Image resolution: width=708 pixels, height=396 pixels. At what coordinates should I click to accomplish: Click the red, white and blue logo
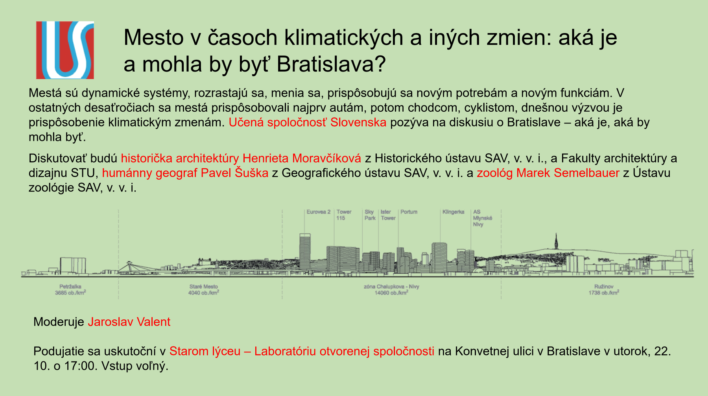tap(65, 50)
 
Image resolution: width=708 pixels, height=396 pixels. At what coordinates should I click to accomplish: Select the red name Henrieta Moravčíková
tap(302, 158)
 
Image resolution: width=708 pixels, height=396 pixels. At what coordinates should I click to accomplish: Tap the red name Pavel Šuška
tap(234, 173)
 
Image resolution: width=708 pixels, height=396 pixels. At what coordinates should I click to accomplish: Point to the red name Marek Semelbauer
tap(568, 173)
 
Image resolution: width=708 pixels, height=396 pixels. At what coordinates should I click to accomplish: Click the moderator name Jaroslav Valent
tap(129, 322)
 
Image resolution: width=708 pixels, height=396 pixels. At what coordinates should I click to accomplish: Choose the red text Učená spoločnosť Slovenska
tap(308, 122)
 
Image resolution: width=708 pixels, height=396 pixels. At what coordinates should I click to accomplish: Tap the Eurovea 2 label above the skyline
tap(319, 212)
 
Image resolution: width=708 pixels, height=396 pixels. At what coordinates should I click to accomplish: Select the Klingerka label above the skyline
tap(453, 212)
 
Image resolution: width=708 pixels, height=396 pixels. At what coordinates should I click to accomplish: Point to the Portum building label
tap(409, 212)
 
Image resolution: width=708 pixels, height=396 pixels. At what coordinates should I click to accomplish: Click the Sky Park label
tap(370, 215)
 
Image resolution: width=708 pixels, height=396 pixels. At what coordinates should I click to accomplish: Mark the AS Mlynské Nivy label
tap(482, 218)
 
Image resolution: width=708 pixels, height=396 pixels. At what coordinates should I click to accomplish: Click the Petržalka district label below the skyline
tap(70, 287)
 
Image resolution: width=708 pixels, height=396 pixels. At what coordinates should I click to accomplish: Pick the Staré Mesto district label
tap(203, 287)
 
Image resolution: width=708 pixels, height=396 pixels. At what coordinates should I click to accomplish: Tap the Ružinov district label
tap(604, 287)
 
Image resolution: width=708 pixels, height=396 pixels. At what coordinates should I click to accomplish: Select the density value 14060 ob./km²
tap(391, 293)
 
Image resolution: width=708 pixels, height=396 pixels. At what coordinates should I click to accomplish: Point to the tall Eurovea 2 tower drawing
tap(305, 252)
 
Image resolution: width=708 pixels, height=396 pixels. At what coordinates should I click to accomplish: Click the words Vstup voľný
tap(135, 366)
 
